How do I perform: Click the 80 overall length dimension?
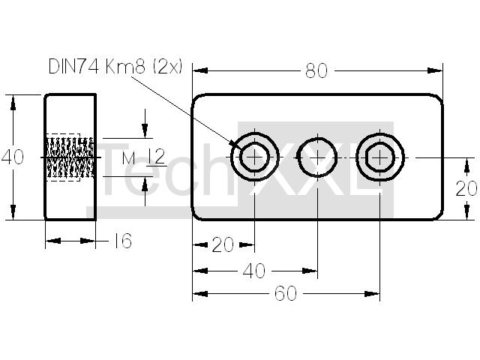316,70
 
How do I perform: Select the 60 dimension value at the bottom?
286,293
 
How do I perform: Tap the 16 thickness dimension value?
123,241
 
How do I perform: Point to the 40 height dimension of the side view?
13,157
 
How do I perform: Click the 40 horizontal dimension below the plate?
254,271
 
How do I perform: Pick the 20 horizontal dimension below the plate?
223,244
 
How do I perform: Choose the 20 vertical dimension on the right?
466,188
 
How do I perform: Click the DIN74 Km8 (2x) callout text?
115,67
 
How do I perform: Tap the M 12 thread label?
143,157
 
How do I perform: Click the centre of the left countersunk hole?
255,157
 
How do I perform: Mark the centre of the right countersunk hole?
379,157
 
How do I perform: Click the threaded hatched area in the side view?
70,157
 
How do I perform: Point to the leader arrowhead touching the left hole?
236,145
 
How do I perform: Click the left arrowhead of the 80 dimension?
200,70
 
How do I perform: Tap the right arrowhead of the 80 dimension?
435,70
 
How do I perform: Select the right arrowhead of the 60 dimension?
372,294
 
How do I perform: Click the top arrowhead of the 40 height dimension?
13,103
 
